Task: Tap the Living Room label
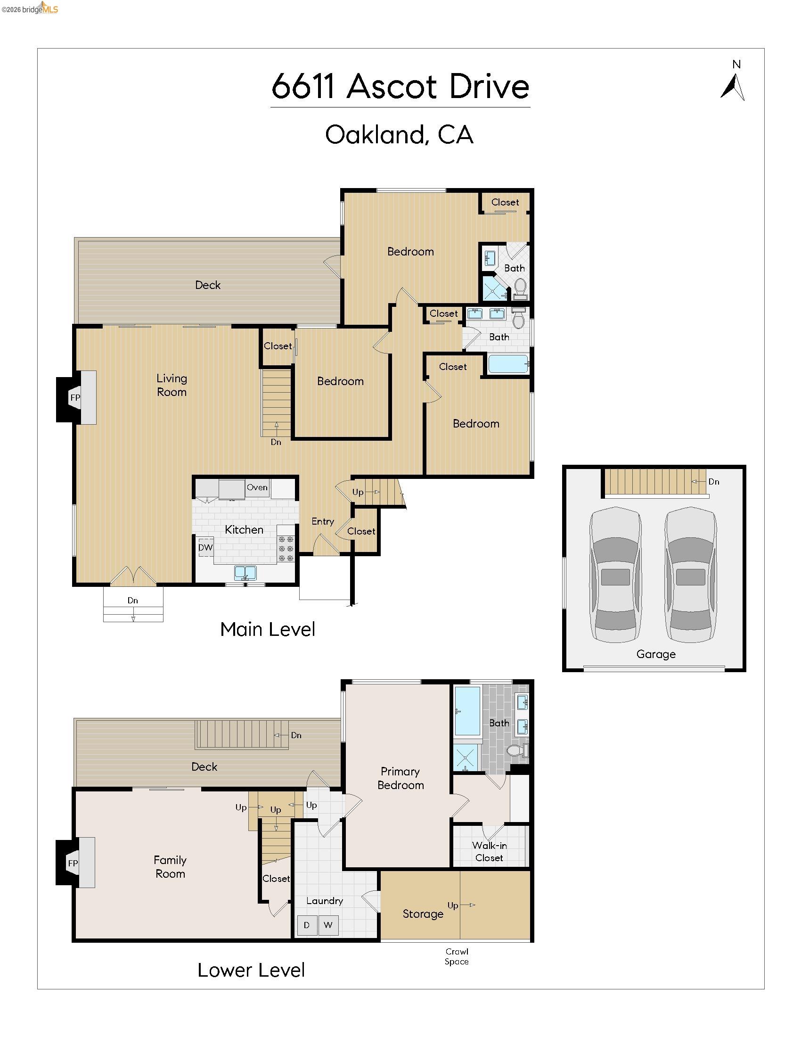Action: [172, 385]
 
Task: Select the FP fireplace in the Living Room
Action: [75, 397]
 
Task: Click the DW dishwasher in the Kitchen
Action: [205, 547]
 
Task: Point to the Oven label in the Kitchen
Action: [257, 487]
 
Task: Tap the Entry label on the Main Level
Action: [323, 521]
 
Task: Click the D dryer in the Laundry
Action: [307, 925]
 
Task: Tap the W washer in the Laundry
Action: [328, 925]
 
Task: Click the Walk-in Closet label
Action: [489, 851]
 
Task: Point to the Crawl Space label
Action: [457, 956]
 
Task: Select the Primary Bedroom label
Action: [400, 778]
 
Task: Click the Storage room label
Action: [423, 914]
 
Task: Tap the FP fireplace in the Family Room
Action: [73, 863]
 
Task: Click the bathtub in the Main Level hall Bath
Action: [508, 364]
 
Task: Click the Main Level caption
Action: [268, 629]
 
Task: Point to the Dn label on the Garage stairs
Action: [713, 481]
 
